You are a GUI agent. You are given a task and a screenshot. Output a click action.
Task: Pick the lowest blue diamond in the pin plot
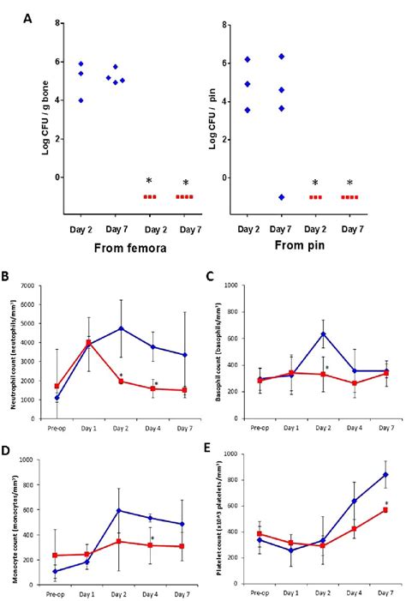(x=282, y=197)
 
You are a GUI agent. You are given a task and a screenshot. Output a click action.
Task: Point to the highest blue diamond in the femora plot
(x=81, y=63)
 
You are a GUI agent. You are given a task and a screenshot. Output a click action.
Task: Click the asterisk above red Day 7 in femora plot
(x=185, y=183)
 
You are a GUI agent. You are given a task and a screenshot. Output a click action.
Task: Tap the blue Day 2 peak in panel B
(x=122, y=328)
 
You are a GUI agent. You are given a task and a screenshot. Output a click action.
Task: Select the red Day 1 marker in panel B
(x=88, y=343)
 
